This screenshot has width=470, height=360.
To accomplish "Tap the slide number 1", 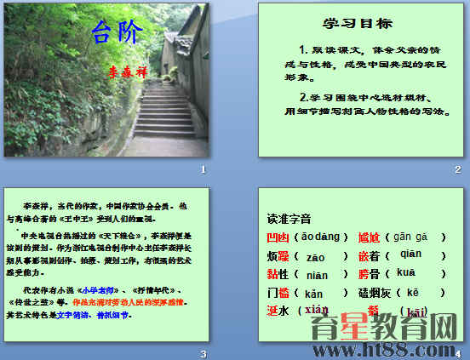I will (x=203, y=170).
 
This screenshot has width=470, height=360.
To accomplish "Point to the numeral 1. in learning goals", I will (x=304, y=49).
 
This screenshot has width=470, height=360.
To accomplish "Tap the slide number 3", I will (x=203, y=354).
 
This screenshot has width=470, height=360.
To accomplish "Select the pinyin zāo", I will (x=317, y=255).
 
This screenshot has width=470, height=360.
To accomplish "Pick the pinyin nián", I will (x=318, y=274).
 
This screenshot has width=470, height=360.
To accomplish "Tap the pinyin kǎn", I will (x=315, y=293).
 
